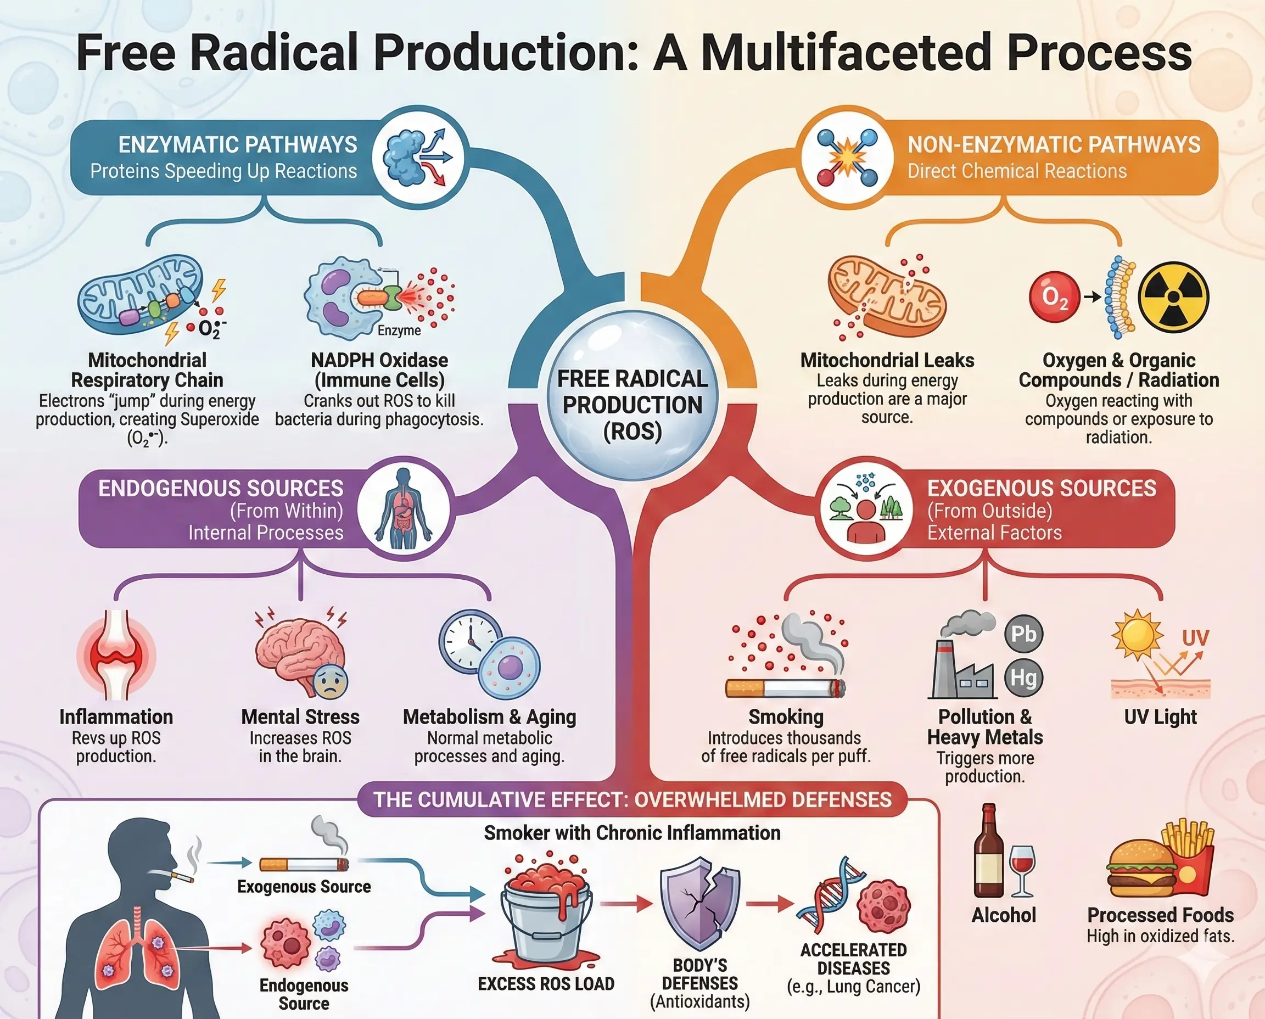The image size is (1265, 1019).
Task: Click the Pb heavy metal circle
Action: (1024, 634)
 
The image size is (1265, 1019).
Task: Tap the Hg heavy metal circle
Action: (1024, 678)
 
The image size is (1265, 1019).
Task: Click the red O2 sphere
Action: (1054, 297)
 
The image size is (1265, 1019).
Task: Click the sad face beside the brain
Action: (331, 682)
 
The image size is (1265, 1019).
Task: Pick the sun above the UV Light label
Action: (1137, 635)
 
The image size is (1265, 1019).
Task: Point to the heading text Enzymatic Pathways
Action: (237, 144)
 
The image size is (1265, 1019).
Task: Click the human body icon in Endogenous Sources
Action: (404, 508)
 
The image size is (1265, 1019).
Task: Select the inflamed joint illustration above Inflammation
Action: (116, 654)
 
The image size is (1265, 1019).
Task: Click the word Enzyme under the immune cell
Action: (399, 331)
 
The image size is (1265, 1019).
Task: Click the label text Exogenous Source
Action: (304, 886)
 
